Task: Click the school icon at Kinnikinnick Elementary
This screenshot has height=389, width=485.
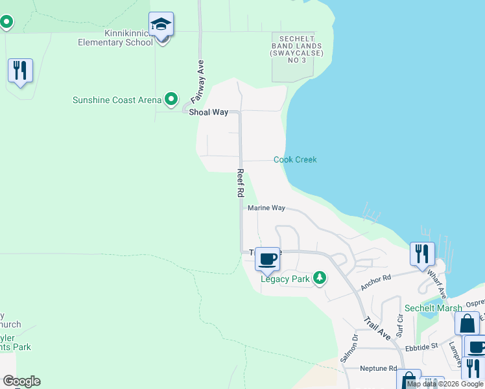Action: (x=161, y=26)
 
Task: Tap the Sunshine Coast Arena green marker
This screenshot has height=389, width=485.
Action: (x=171, y=99)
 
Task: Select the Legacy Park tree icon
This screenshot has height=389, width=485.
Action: (x=319, y=278)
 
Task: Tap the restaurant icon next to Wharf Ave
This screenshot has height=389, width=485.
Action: (x=422, y=253)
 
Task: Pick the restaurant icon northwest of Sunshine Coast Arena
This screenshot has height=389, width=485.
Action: (x=20, y=70)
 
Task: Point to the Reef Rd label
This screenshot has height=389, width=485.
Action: (x=240, y=183)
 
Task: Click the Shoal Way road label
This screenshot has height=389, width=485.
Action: (x=208, y=112)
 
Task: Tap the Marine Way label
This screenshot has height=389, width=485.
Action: (x=266, y=208)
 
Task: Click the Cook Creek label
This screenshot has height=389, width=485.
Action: (x=295, y=159)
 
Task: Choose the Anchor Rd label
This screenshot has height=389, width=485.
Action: (x=375, y=281)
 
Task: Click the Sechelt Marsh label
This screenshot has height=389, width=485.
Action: (x=433, y=308)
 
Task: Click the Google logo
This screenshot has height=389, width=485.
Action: (x=21, y=381)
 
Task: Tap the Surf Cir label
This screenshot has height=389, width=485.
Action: (x=399, y=326)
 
